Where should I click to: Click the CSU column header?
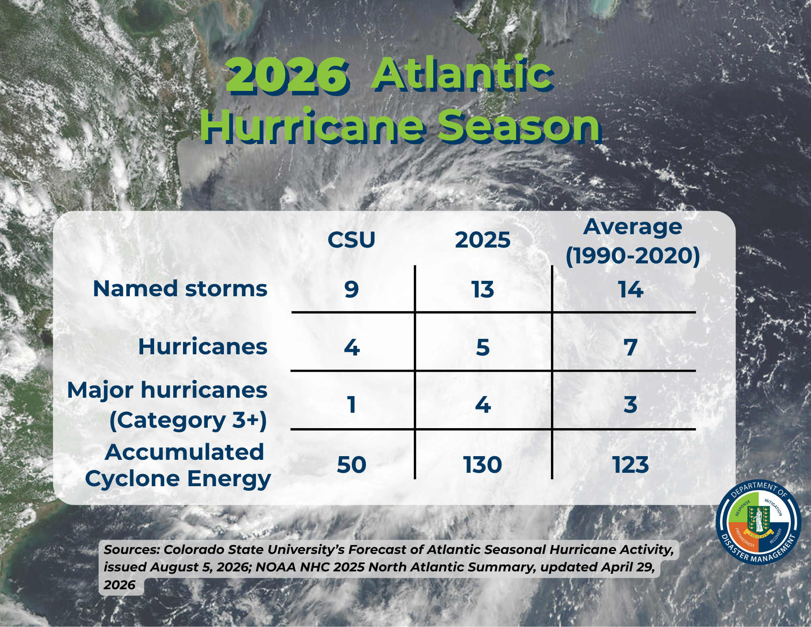[351, 240]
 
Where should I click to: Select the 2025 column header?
[482, 240]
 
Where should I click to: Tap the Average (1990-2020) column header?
[632, 241]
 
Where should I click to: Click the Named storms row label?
[180, 289]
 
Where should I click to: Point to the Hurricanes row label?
[203, 347]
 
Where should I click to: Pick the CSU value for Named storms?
[351, 289]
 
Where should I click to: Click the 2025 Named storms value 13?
[482, 289]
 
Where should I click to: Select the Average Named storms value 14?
[630, 289]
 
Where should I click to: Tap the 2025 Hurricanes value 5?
[483, 347]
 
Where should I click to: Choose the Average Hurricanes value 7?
[630, 347]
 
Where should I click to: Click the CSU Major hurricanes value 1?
[352, 405]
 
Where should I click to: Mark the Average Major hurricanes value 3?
[630, 405]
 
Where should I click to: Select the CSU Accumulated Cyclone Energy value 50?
[351, 465]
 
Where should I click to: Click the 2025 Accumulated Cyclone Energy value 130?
[482, 465]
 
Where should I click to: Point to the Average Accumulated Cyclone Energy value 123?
[630, 465]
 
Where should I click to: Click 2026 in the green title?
[288, 75]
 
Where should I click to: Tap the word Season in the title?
[519, 127]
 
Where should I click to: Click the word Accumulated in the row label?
[185, 452]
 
